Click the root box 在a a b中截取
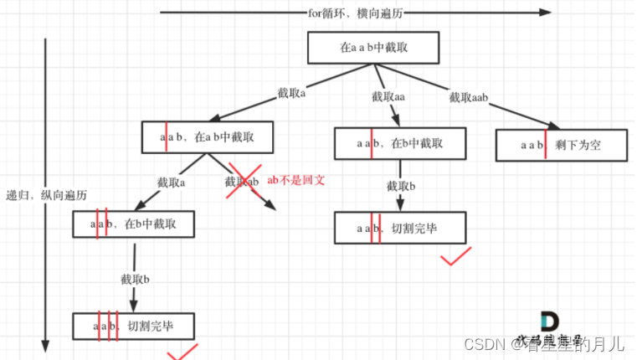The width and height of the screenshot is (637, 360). point(373,48)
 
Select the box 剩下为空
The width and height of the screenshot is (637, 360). point(560,145)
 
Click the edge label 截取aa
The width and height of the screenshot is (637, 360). point(388,97)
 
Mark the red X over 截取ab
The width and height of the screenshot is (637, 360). point(244,181)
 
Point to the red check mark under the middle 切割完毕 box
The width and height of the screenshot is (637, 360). point(457,255)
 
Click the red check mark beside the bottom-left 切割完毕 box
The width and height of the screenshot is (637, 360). point(182,352)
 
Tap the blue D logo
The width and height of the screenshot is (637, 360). point(549,321)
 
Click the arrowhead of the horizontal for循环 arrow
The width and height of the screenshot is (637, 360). point(546,13)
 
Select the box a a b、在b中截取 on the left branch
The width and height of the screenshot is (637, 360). point(134,224)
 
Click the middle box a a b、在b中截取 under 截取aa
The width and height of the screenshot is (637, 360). point(399,143)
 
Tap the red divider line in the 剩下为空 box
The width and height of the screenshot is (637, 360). point(546,145)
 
